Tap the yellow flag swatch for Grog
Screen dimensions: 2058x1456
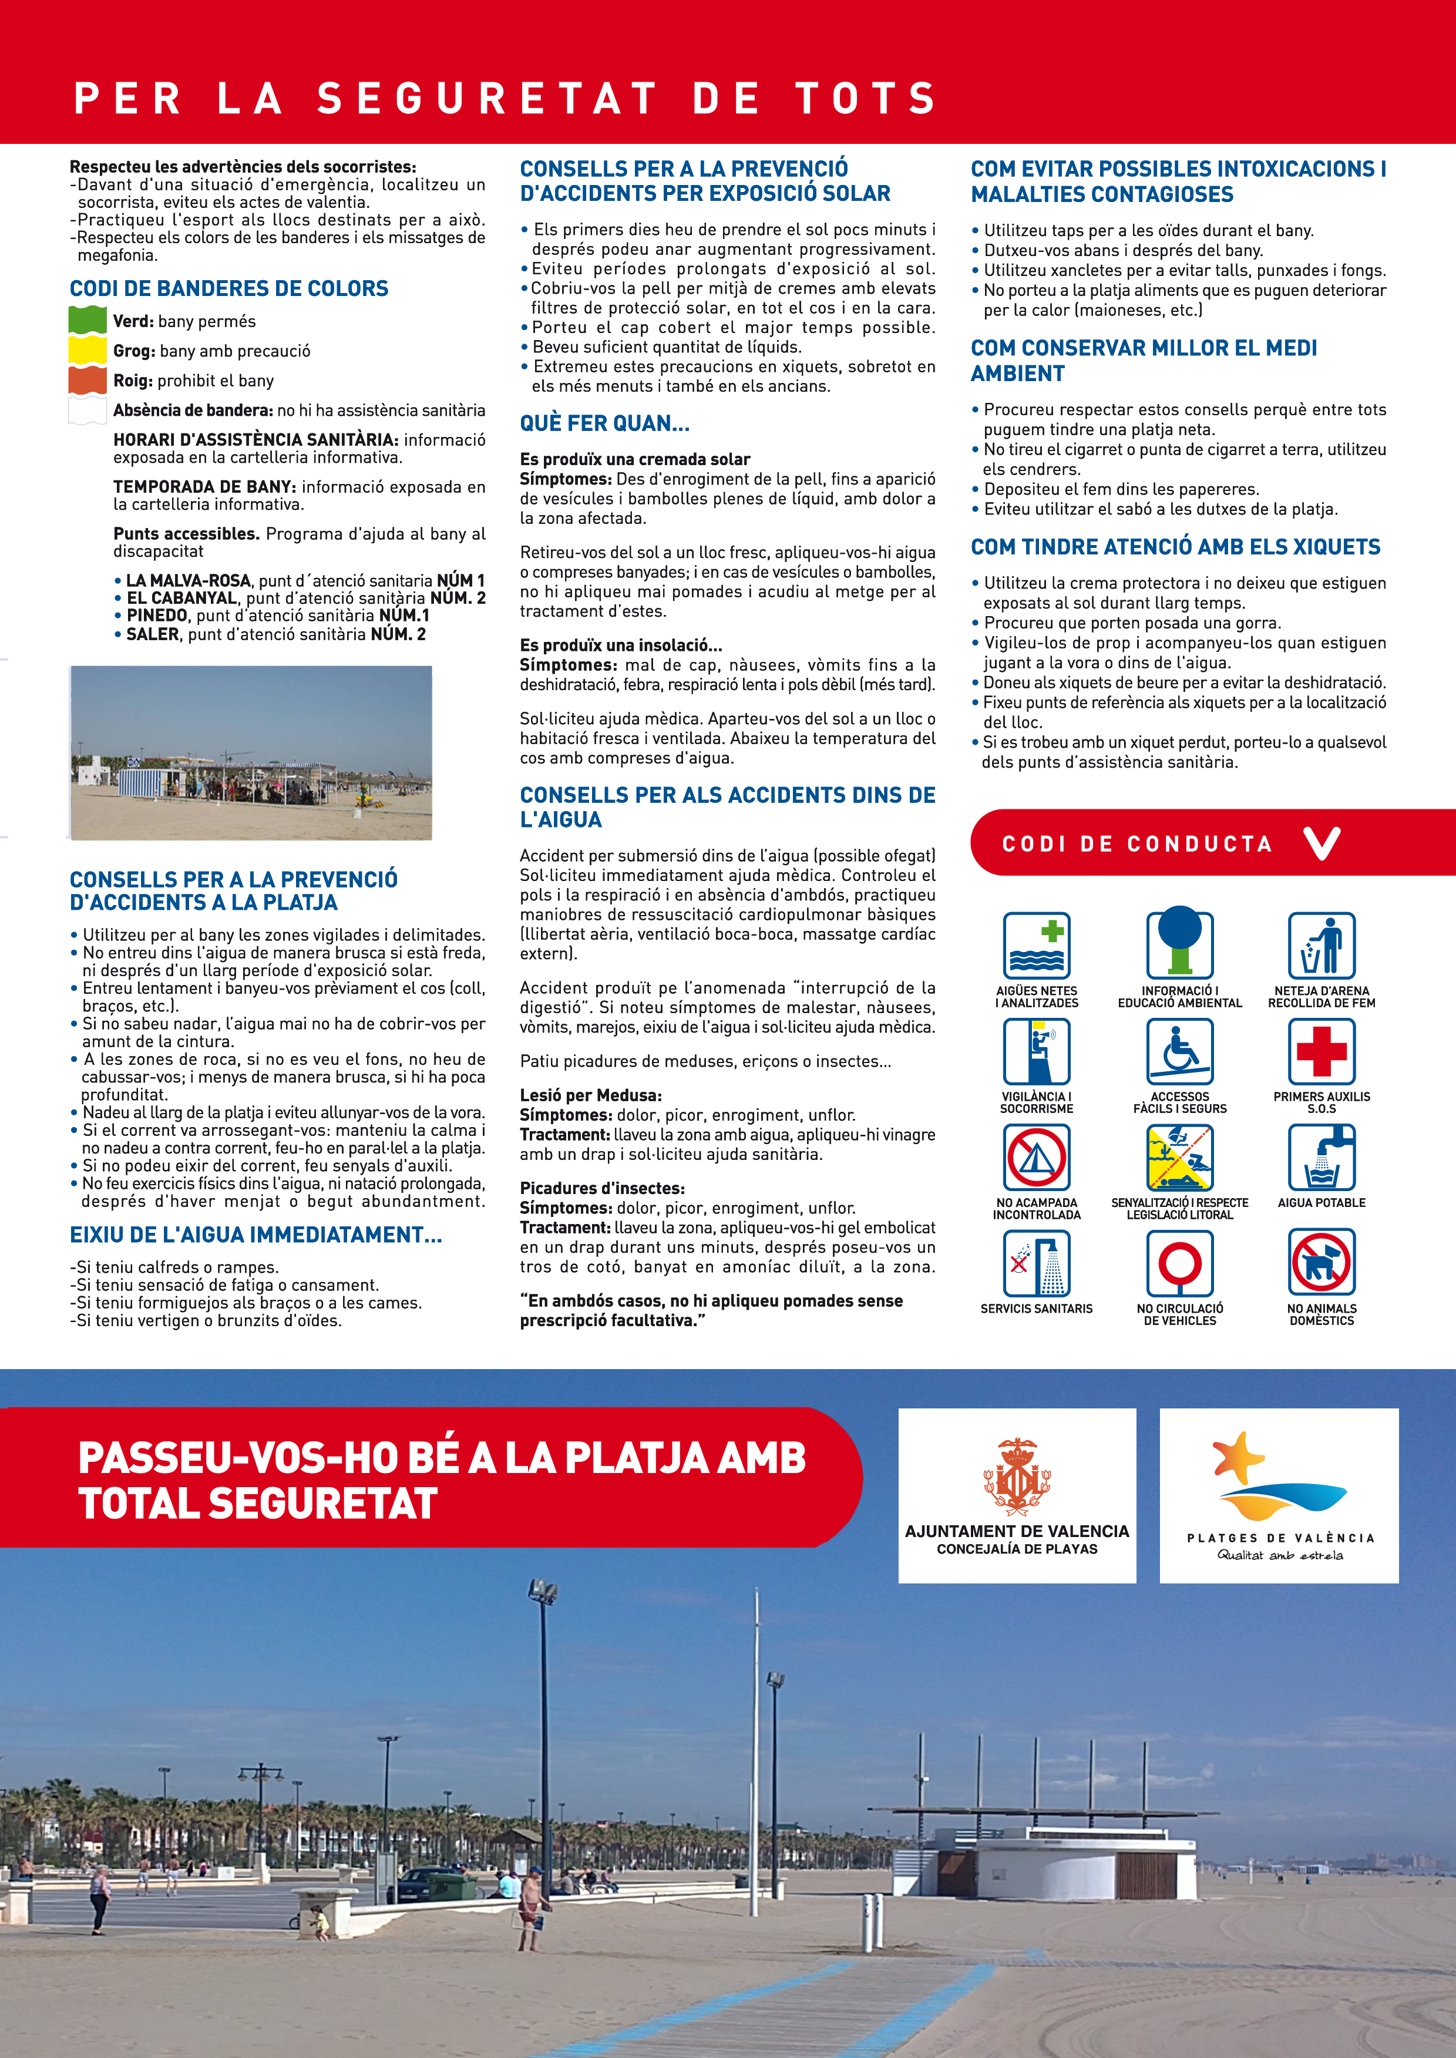87,349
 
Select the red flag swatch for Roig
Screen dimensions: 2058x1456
87,380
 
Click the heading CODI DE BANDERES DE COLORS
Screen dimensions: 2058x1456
228,288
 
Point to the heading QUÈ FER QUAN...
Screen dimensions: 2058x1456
604,423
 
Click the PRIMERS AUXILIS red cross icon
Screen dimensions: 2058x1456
1321,1051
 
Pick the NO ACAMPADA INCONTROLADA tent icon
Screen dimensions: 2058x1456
1037,1157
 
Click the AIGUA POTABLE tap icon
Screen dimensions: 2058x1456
1321,1157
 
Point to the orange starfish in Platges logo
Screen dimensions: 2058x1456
1239,1457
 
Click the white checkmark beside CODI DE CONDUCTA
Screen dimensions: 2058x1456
1322,843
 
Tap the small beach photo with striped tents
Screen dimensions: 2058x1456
251,753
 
